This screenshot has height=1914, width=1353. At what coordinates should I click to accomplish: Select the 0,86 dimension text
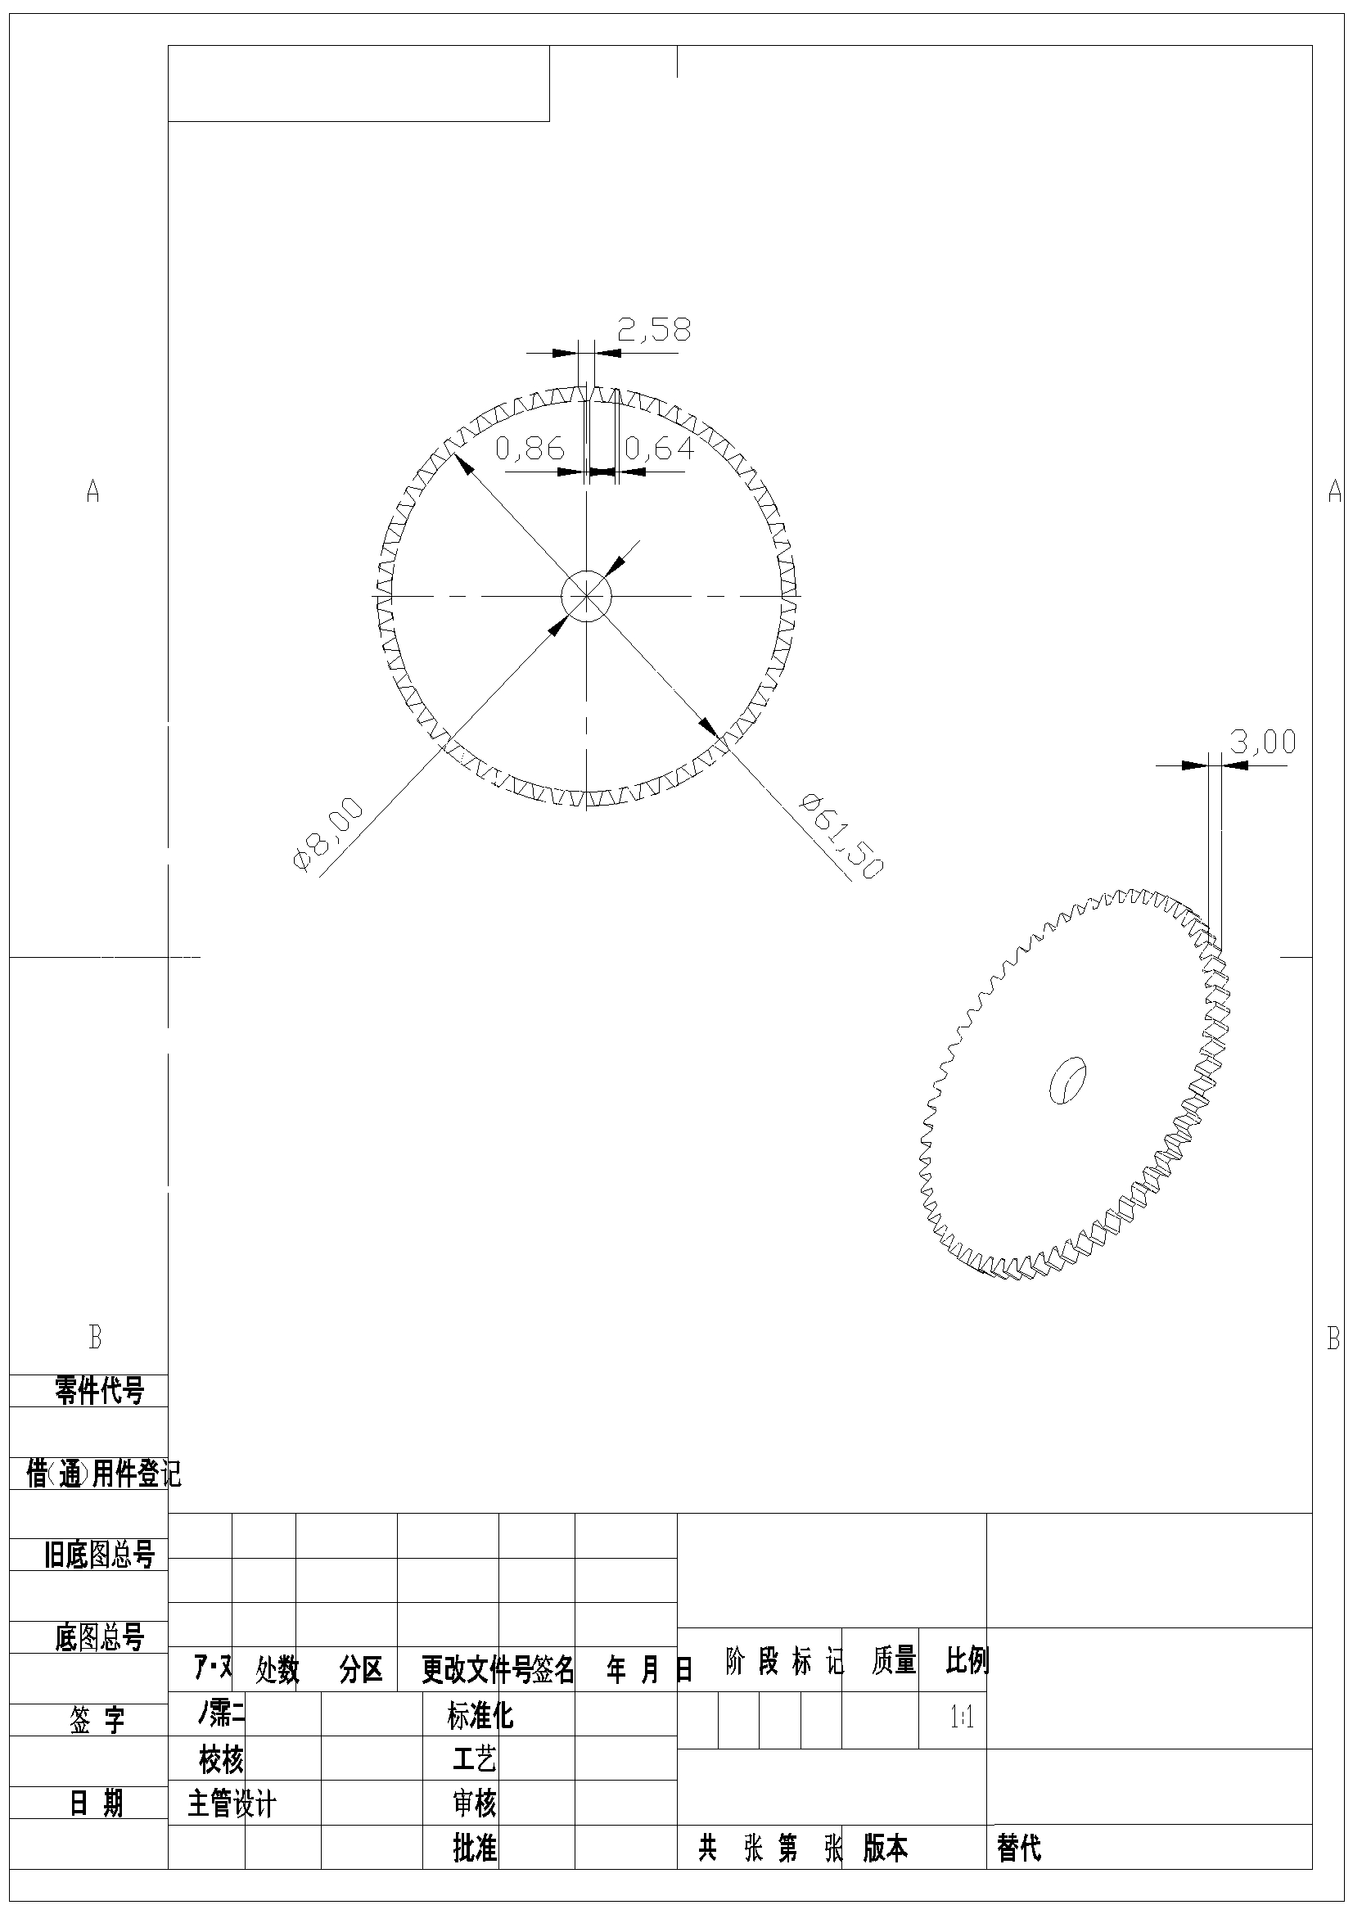coord(530,449)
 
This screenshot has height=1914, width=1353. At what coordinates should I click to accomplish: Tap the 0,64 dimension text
coord(659,449)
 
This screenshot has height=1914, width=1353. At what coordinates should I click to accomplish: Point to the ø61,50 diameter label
coord(841,835)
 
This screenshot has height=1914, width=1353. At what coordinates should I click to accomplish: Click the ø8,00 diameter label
coord(327,834)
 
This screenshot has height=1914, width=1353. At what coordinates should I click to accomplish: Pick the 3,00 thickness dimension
coord(1262,742)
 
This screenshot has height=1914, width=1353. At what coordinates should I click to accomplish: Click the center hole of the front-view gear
coord(586,595)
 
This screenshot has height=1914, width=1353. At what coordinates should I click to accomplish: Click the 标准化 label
coord(480,1716)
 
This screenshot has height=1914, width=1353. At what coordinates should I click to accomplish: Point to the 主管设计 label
coord(232,1805)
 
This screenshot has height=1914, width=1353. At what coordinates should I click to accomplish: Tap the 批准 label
coord(475,1849)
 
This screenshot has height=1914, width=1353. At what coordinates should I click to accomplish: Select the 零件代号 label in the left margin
coord(99,1389)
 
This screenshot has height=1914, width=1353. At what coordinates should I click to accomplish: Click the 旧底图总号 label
coord(99,1555)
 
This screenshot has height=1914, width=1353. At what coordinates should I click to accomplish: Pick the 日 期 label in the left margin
coord(96,1804)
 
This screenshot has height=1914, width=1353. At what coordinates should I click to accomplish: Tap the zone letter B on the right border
coord(1333,1338)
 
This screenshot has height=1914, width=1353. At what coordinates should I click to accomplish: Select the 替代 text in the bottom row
coord(1018,1849)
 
